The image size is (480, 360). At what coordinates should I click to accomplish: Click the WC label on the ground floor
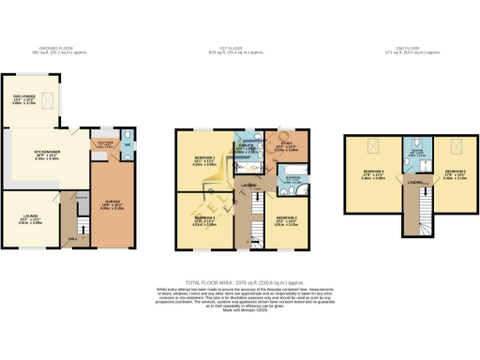point(126,145)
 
